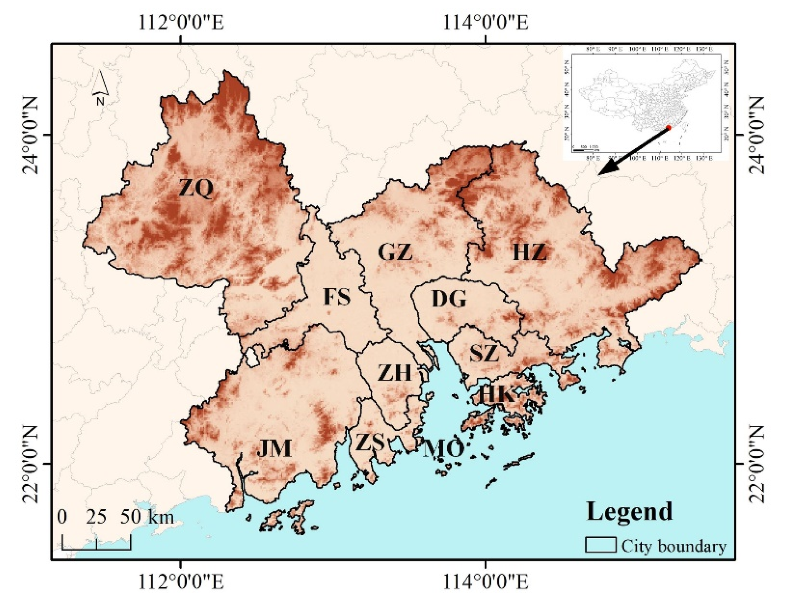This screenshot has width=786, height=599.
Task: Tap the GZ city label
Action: pyautogui.click(x=395, y=252)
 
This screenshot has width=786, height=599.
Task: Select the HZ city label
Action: pyautogui.click(x=529, y=252)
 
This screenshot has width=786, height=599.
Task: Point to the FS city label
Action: pyautogui.click(x=337, y=297)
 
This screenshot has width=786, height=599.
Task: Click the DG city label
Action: pyautogui.click(x=449, y=299)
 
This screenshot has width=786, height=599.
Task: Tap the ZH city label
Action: pyautogui.click(x=394, y=373)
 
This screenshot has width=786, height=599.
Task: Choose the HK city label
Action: pyautogui.click(x=496, y=395)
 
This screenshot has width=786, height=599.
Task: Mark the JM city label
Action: pyautogui.click(x=274, y=448)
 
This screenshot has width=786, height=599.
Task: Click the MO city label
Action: pyautogui.click(x=443, y=449)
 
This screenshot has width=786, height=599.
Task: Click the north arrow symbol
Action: pyautogui.click(x=100, y=88)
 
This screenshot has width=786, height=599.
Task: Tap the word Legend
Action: pyautogui.click(x=629, y=511)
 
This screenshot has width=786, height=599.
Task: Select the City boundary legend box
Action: pyautogui.click(x=600, y=545)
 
